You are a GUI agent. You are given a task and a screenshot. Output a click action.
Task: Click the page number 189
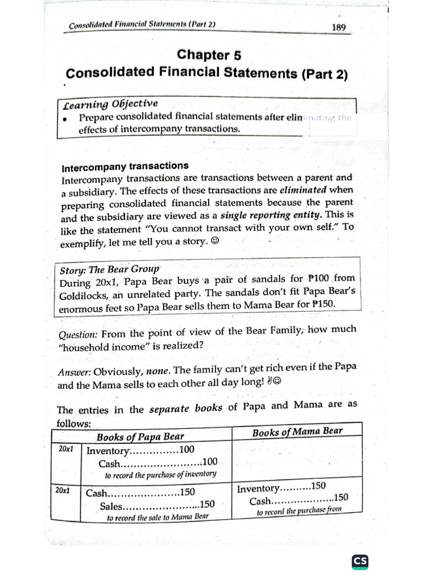(x=339, y=27)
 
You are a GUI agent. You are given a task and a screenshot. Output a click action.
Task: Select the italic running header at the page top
(x=142, y=25)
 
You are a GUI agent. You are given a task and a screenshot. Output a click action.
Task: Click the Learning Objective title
(x=110, y=105)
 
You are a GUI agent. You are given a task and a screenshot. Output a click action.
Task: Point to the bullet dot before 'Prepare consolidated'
(x=66, y=119)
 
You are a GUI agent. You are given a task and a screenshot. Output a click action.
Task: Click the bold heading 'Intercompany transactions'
(x=125, y=166)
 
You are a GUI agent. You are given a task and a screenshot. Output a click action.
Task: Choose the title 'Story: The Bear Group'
(x=110, y=269)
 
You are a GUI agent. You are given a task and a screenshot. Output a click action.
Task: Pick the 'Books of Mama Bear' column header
(x=298, y=432)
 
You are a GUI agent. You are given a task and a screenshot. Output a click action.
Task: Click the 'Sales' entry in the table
(x=112, y=506)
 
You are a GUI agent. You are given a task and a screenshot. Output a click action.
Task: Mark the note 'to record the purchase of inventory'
(x=160, y=474)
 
